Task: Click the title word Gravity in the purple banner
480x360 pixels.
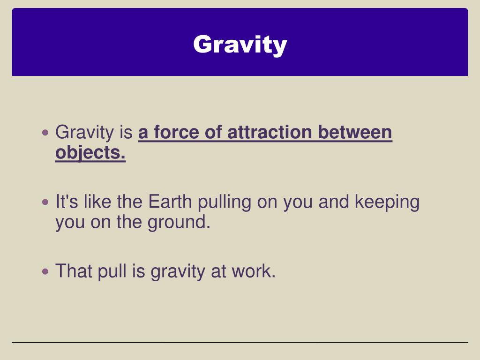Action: pyautogui.click(x=240, y=45)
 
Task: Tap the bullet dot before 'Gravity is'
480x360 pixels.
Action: pyautogui.click(x=45, y=133)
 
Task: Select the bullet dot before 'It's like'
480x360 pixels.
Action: pyautogui.click(x=45, y=202)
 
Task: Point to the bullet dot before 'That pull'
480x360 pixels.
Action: pyautogui.click(x=45, y=271)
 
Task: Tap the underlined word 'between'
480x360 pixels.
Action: pyautogui.click(x=355, y=133)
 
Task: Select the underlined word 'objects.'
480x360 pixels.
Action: pyautogui.click(x=90, y=153)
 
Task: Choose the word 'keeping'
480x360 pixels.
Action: pyautogui.click(x=387, y=203)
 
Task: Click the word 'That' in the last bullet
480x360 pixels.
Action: pyautogui.click(x=74, y=271)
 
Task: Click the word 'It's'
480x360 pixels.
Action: pyautogui.click(x=67, y=202)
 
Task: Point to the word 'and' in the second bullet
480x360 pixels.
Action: pyautogui.click(x=334, y=202)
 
